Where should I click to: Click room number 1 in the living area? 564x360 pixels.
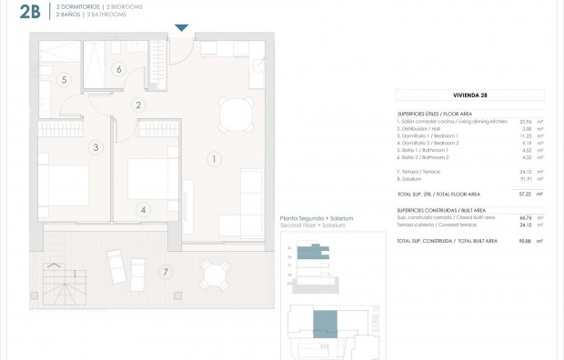tap(213, 159)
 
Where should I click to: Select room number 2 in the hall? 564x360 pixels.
tap(137, 105)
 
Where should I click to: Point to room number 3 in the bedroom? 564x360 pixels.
tap(94, 146)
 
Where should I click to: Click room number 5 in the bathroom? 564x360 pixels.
tap(64, 80)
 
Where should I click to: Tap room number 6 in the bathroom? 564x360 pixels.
tap(118, 68)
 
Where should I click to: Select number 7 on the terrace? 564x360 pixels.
tap(165, 272)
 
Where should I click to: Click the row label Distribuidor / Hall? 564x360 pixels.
tap(418, 128)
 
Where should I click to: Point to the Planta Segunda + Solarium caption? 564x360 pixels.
tap(317, 219)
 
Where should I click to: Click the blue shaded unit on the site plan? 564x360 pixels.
tap(323, 321)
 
